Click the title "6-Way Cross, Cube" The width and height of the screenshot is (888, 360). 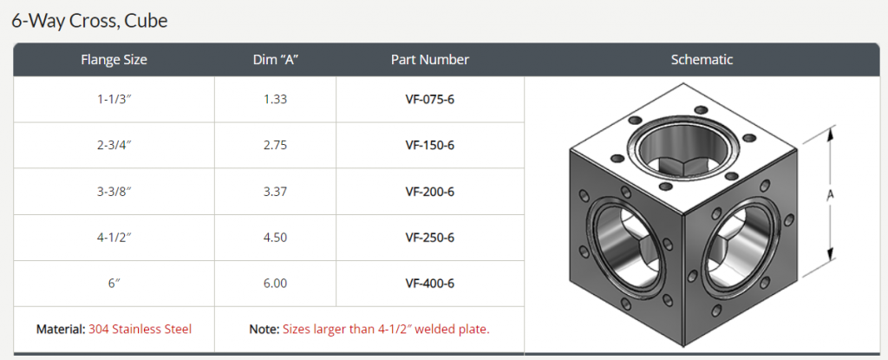[89, 21]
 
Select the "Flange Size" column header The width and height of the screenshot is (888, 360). [114, 60]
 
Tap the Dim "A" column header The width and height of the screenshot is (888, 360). [275, 60]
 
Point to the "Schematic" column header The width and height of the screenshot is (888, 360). [702, 60]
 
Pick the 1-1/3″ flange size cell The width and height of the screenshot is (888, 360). [114, 99]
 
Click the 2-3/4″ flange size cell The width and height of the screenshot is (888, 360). [114, 145]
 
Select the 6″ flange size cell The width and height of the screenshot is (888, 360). [114, 284]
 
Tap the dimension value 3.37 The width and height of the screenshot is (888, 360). [275, 192]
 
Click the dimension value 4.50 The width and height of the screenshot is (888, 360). [275, 238]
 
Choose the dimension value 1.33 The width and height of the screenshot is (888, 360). [275, 99]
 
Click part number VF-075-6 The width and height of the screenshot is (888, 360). [429, 99]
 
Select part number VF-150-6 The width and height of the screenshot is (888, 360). [429, 145]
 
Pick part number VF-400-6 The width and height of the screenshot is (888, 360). [429, 284]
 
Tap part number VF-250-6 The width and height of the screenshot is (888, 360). [429, 238]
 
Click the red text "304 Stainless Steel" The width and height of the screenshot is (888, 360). [140, 330]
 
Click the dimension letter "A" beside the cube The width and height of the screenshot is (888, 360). [830, 196]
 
